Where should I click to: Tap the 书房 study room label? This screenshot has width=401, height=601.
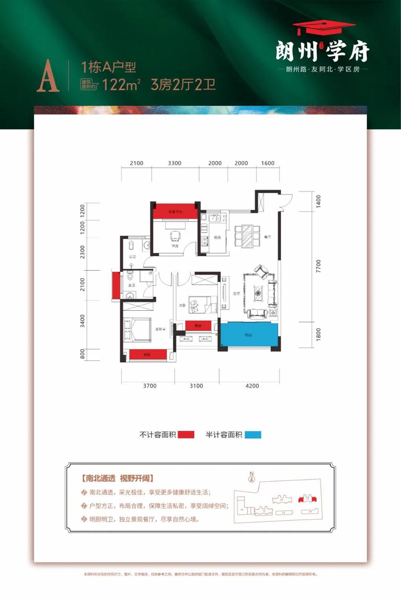pos(175,246)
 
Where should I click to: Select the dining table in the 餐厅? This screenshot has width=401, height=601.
pos(247,236)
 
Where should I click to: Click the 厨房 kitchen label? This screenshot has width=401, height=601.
pos(217,238)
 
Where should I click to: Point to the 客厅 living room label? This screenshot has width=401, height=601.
pos(237,293)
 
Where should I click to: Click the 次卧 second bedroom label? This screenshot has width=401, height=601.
pos(182,306)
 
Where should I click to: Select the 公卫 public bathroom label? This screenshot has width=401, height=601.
pos(132,257)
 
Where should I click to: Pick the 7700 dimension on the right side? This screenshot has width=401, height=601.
pos(318,266)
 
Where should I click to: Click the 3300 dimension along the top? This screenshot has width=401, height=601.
pos(174,163)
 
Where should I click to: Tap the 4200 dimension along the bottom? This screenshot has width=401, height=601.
pos(252,386)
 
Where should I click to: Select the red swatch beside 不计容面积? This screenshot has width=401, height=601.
pos(186,435)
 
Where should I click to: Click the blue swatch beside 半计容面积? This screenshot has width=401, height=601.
pos(253,435)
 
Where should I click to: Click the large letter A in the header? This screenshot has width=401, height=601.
pos(48,76)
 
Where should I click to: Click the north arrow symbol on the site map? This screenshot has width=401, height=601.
pos(252,477)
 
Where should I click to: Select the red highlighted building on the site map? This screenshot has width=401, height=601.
pos(307,499)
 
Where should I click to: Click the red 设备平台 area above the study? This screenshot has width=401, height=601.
pos(175,211)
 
